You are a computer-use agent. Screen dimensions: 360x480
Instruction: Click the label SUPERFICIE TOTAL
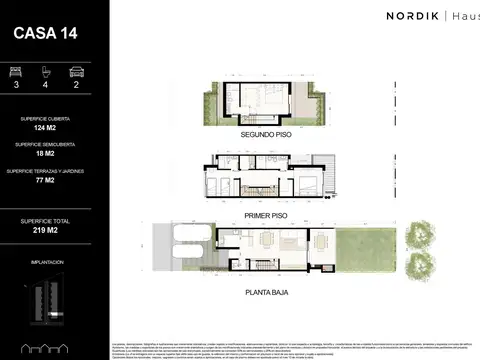45,219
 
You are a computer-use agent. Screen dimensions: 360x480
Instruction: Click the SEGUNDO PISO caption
266,132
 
